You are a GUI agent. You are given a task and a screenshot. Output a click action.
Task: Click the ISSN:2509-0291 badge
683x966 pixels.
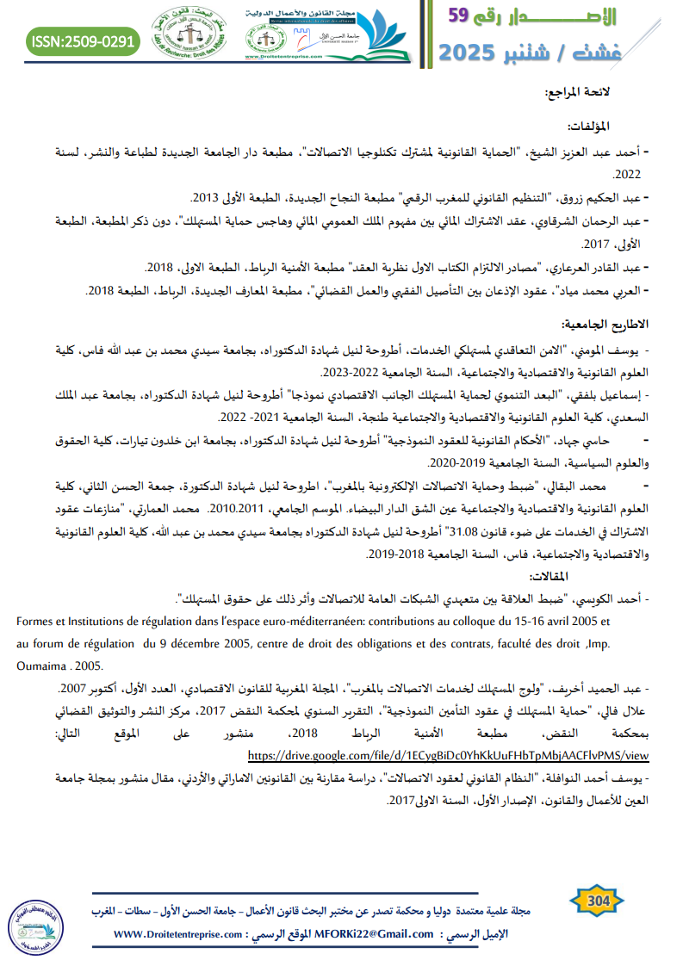coord(83,40)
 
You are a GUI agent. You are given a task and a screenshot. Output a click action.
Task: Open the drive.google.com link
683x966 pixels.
coord(448,755)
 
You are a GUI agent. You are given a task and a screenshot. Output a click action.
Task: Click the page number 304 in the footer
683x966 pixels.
coord(597,901)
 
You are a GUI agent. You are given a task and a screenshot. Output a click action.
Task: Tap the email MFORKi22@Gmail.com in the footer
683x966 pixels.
coord(375,934)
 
